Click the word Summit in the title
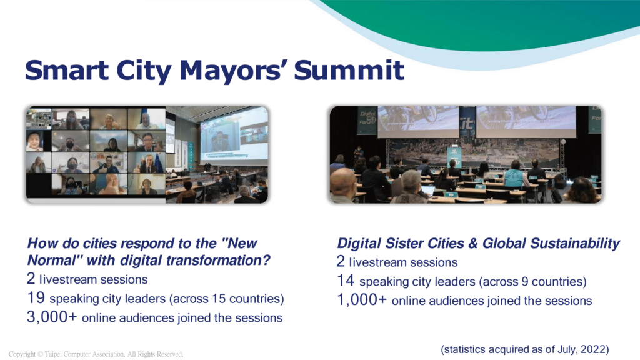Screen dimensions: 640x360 (349, 70)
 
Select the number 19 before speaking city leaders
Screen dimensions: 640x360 (36, 298)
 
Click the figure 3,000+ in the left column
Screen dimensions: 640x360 (52, 317)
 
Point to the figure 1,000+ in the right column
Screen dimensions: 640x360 (362, 300)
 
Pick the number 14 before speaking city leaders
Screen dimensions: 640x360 (345, 281)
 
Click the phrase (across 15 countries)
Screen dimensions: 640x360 (226, 299)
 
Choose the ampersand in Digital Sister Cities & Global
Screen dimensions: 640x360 (473, 243)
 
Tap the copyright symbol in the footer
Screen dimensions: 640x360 (40, 354)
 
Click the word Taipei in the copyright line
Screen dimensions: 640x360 (53, 354)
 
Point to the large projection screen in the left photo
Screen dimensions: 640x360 (234, 137)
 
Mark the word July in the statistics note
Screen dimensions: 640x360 (567, 350)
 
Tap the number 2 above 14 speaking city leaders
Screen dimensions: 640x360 (341, 262)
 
